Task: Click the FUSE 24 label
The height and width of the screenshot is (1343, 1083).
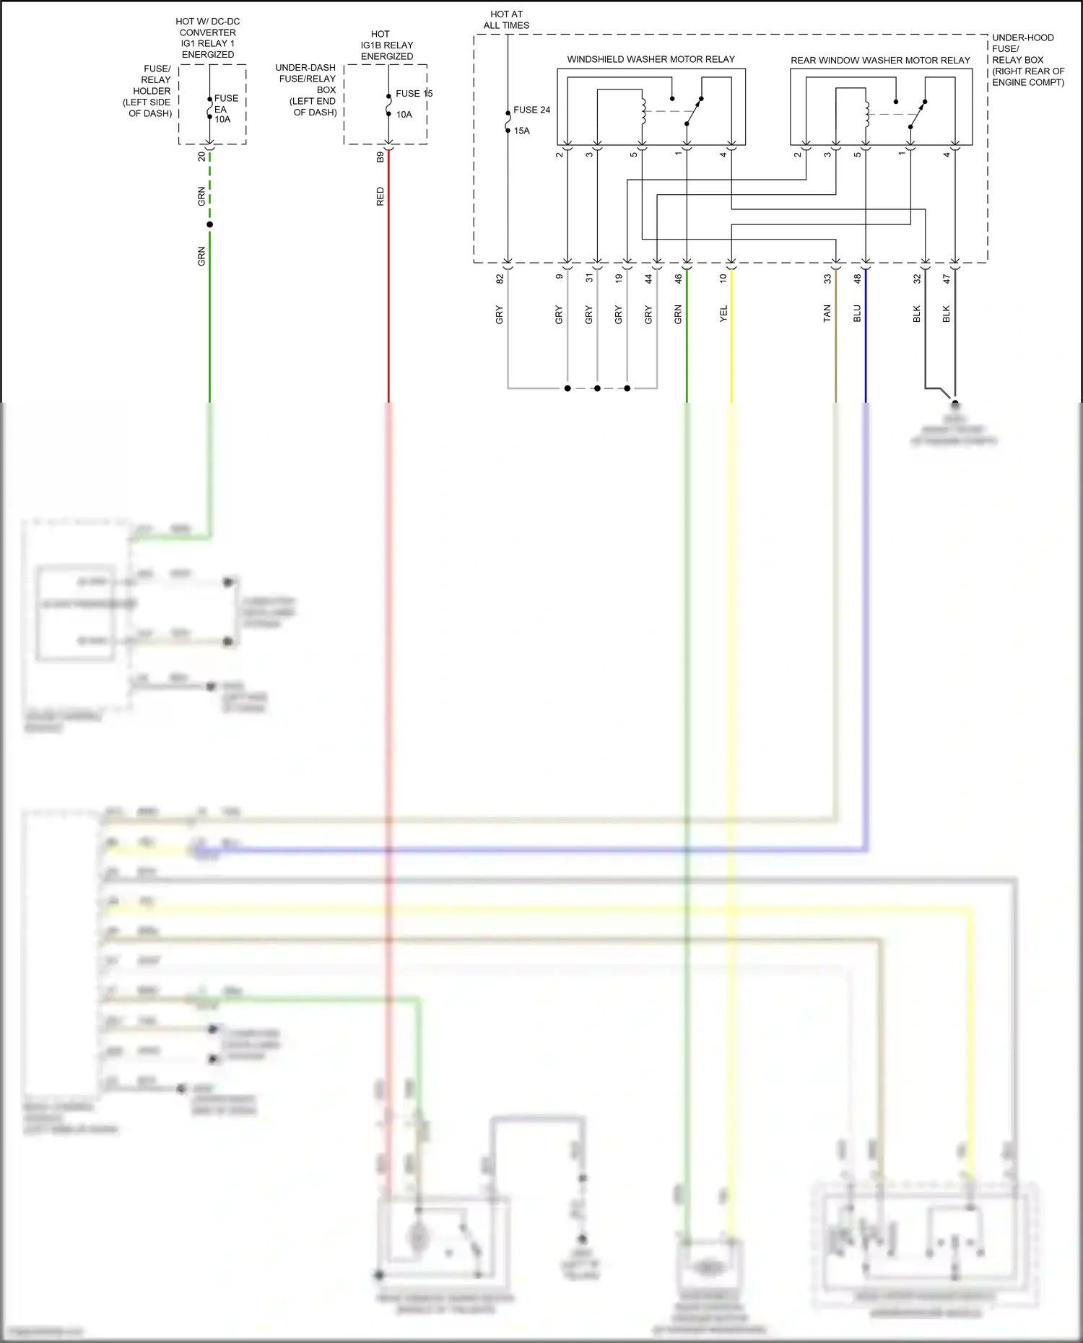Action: (x=531, y=110)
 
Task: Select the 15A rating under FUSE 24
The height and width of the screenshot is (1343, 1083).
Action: (x=522, y=131)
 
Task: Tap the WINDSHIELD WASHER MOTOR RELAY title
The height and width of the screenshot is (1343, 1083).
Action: (x=651, y=59)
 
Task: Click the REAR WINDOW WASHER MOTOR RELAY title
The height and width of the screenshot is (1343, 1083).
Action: (x=880, y=60)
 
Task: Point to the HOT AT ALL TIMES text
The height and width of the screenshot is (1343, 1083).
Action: (x=506, y=19)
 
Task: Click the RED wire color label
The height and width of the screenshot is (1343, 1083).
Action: (x=380, y=196)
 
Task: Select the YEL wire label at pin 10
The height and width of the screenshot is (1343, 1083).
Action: (x=723, y=313)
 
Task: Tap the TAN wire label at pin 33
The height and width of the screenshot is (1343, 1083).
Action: (x=827, y=313)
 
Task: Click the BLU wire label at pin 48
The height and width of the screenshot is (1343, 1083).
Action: (x=857, y=313)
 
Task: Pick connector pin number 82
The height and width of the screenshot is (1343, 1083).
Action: (x=499, y=278)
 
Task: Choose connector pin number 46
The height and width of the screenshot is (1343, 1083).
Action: (x=678, y=278)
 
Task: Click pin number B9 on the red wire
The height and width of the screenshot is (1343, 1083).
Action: (x=380, y=157)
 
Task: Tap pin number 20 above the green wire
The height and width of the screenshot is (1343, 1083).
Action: (x=201, y=156)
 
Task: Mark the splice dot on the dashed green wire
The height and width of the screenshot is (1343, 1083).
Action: (x=209, y=224)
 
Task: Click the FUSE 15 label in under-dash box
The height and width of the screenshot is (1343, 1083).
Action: (x=414, y=93)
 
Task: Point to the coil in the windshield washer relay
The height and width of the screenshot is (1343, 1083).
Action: (x=643, y=110)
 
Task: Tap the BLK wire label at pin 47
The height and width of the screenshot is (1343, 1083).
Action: (x=946, y=313)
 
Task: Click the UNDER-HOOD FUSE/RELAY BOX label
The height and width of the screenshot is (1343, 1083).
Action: (x=1027, y=60)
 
